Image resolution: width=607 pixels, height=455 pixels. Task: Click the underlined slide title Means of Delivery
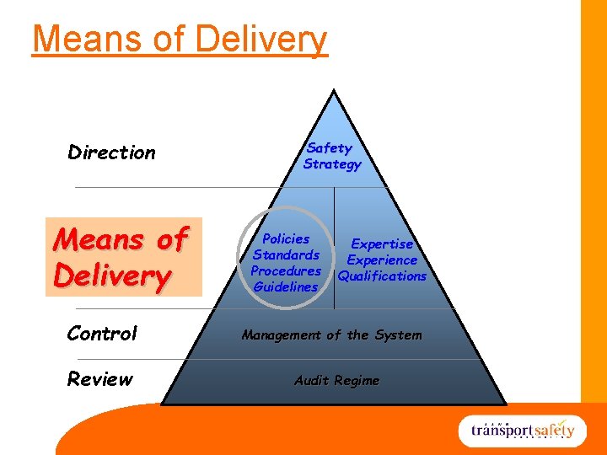(179, 39)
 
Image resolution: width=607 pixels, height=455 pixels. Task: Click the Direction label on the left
(111, 153)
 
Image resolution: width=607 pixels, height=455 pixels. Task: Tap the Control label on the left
(102, 334)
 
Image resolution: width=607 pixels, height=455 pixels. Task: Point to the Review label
(99, 379)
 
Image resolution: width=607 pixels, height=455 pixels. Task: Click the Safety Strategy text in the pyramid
(331, 156)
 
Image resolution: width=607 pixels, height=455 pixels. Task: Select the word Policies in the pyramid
(285, 238)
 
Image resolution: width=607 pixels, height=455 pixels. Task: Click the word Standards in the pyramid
(286, 254)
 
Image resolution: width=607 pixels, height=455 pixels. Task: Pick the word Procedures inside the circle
(286, 270)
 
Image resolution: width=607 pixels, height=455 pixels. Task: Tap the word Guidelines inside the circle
(286, 286)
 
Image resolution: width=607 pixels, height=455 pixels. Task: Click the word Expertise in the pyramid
(382, 244)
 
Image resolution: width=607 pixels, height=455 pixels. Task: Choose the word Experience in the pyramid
(382, 260)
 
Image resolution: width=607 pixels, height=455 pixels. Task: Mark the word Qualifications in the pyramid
(382, 276)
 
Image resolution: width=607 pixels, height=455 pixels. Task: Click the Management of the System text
(331, 335)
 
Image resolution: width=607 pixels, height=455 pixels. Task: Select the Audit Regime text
(336, 381)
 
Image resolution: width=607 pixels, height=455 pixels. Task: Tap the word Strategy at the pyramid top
(332, 164)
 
